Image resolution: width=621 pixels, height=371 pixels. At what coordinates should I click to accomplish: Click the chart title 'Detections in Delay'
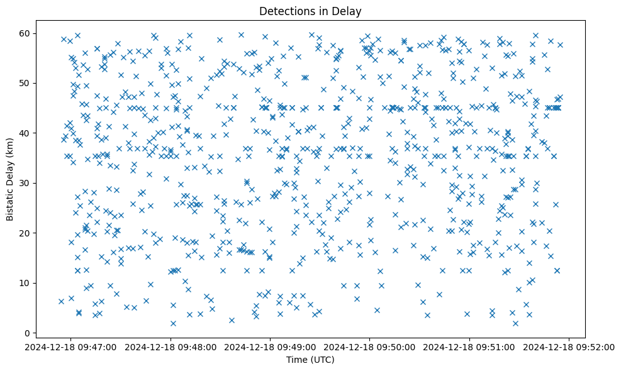click(x=310, y=11)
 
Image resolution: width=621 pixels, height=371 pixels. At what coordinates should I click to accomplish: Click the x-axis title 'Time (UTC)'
click(x=310, y=360)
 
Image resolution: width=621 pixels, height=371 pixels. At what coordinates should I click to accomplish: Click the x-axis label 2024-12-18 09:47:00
click(x=70, y=347)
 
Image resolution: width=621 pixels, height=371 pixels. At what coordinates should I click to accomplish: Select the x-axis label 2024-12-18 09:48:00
click(x=171, y=347)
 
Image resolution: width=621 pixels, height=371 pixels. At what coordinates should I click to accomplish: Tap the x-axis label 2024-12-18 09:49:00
click(x=271, y=347)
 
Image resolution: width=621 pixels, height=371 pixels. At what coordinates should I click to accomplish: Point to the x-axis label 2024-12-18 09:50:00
click(x=370, y=347)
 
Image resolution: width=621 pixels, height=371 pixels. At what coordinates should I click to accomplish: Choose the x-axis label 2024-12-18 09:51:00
click(x=470, y=347)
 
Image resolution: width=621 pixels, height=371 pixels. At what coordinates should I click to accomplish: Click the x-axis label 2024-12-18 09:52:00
click(x=570, y=347)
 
